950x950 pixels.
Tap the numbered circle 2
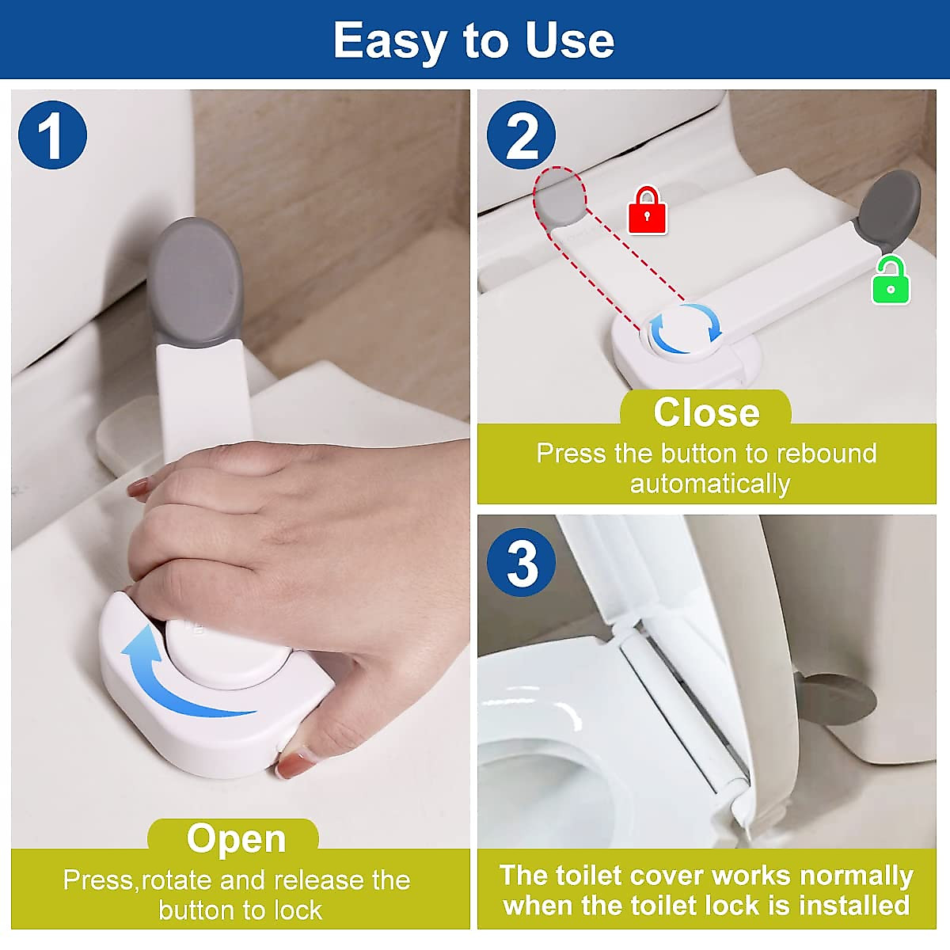point(521,135)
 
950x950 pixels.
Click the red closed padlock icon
point(647,211)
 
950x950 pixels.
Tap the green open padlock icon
point(891,281)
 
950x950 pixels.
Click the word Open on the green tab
point(236,838)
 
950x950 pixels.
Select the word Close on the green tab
point(706,412)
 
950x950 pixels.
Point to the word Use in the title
point(569,40)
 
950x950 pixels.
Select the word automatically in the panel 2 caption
point(709,484)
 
